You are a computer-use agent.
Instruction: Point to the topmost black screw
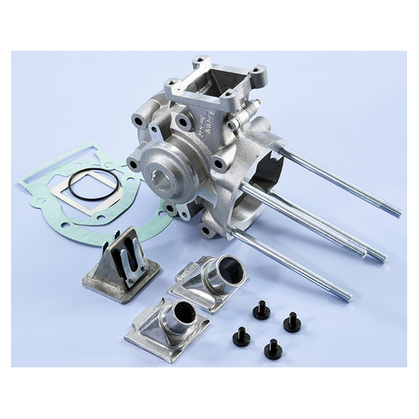[262, 310]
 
